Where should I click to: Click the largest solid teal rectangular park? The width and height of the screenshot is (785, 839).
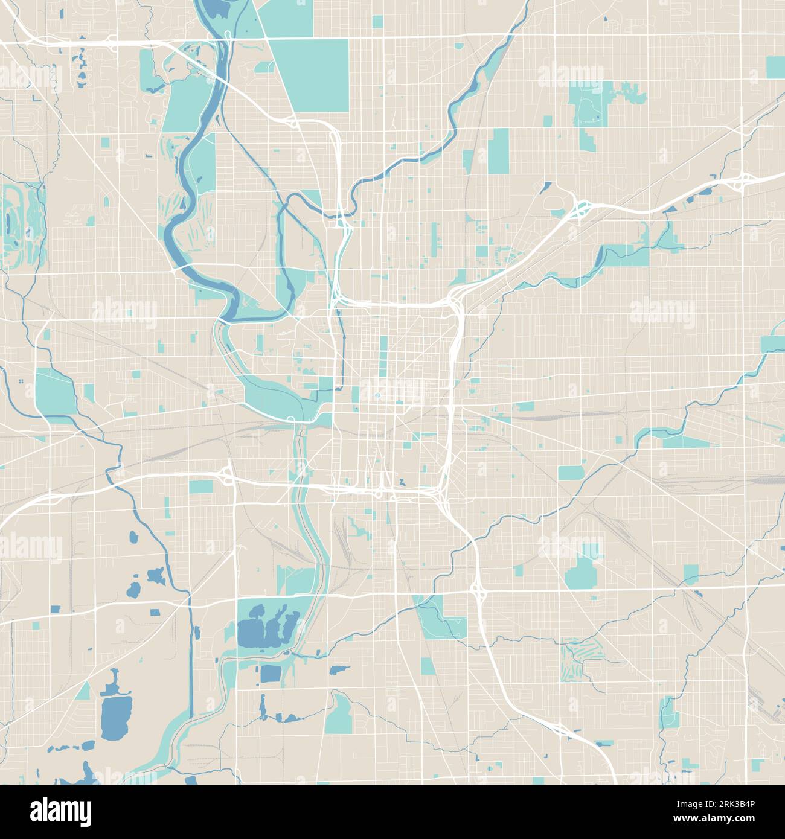point(311,75)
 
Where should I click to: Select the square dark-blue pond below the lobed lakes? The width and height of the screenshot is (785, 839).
point(270,674)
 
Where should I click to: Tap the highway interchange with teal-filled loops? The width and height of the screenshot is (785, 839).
point(582,208)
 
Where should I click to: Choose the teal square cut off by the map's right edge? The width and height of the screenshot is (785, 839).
point(775,68)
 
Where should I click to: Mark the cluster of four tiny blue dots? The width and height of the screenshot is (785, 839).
point(21,381)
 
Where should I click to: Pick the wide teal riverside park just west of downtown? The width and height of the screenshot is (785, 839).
point(278,392)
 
